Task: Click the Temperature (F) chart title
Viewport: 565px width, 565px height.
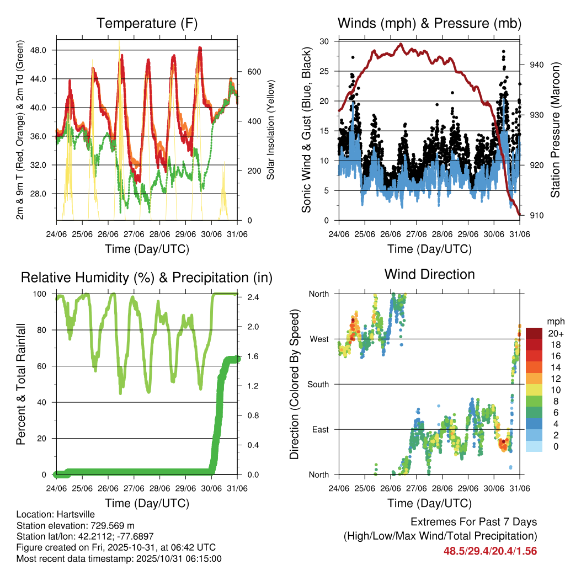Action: click(147, 23)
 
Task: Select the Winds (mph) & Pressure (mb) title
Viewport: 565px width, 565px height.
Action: click(429, 23)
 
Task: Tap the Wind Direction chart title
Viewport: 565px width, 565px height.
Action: click(429, 274)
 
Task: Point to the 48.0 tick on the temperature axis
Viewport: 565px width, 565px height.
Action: click(44, 50)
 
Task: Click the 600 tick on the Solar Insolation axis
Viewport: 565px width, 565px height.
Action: click(254, 72)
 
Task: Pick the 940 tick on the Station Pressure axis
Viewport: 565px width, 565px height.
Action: click(537, 65)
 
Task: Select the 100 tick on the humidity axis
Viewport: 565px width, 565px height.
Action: click(41, 294)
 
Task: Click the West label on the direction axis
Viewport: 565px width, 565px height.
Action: click(318, 339)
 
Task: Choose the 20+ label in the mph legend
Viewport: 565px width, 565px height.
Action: click(555, 333)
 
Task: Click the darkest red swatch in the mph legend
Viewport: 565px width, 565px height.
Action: click(534, 333)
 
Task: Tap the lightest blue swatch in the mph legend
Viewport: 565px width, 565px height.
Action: click(534, 447)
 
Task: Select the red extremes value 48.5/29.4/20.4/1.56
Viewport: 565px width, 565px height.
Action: click(490, 551)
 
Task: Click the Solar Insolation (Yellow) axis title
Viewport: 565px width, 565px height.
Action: click(271, 129)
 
